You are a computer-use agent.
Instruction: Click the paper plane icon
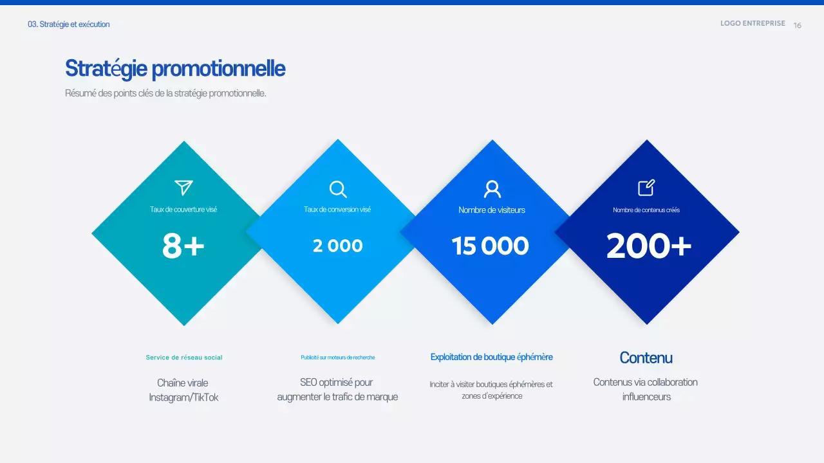[x=183, y=187]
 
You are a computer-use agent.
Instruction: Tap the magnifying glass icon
[x=338, y=189]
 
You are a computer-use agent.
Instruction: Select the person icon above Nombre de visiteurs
[x=492, y=189]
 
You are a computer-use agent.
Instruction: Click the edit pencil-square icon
[x=646, y=187]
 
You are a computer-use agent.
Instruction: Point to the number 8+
[x=183, y=246]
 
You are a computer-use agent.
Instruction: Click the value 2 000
[x=338, y=246]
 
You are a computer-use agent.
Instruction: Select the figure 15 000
[x=491, y=246]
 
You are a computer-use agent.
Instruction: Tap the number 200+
[x=649, y=246]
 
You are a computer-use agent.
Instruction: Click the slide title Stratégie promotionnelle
[x=175, y=68]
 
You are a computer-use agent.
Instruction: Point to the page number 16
[x=798, y=26]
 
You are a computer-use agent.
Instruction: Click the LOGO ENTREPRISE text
[x=753, y=23]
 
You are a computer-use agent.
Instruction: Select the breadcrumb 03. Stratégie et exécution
[x=69, y=24]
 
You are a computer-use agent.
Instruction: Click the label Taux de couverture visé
[x=183, y=210]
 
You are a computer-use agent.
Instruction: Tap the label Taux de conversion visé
[x=337, y=210]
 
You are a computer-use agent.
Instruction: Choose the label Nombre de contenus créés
[x=646, y=210]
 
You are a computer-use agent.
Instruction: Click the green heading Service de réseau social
[x=184, y=358]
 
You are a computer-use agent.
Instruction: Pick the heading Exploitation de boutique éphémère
[x=491, y=357]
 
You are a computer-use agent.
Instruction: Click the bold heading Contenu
[x=646, y=358]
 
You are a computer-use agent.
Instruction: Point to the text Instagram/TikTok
[x=183, y=397]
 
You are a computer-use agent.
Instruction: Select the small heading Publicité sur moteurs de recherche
[x=337, y=358]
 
